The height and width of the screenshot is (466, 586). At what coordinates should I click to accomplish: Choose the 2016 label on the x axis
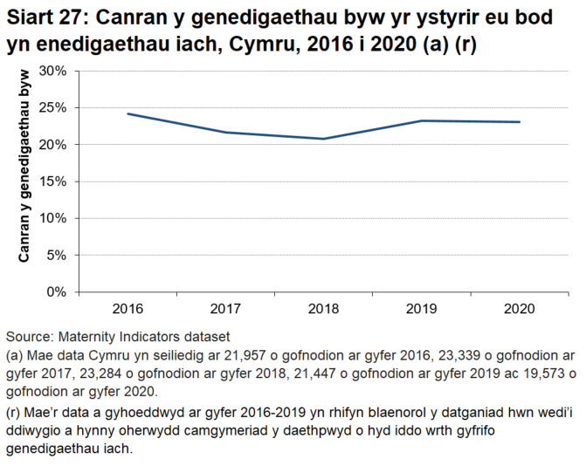[x=127, y=309]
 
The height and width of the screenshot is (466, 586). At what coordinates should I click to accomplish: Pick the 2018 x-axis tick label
[x=323, y=309]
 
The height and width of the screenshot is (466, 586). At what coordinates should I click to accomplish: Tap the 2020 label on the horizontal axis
[x=520, y=309]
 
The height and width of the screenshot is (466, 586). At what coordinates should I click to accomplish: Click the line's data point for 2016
[x=128, y=113]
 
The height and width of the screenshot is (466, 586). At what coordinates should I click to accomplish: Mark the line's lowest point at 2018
[x=323, y=139]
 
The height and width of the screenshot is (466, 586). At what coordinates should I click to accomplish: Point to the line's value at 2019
[x=422, y=120]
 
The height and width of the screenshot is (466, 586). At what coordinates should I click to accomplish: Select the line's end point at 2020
[x=520, y=122]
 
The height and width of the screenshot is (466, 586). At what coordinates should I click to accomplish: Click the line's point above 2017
[x=225, y=133]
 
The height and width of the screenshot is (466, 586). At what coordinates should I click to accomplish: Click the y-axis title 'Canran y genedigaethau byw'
[x=25, y=180]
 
